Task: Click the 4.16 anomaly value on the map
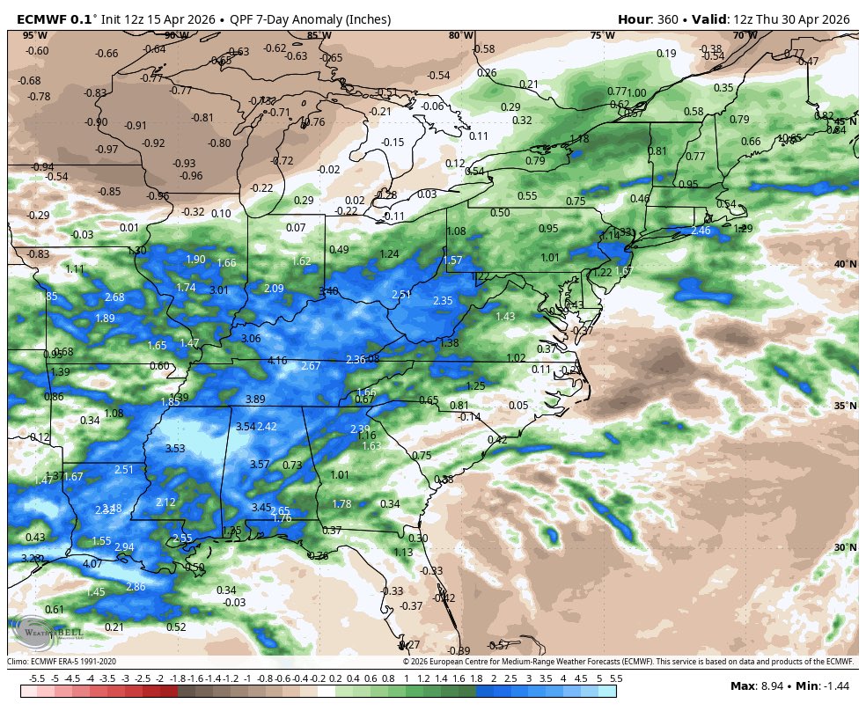[277, 360]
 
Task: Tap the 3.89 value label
[255, 399]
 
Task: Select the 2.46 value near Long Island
[701, 231]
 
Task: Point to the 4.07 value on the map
[92, 563]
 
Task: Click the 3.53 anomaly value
[175, 449]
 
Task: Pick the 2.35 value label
[443, 301]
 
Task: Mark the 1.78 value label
[342, 504]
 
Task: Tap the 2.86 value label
[136, 587]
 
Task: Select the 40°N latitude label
[845, 264]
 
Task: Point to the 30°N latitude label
[845, 547]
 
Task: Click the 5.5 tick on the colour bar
[616, 678]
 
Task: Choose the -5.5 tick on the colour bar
[37, 678]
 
